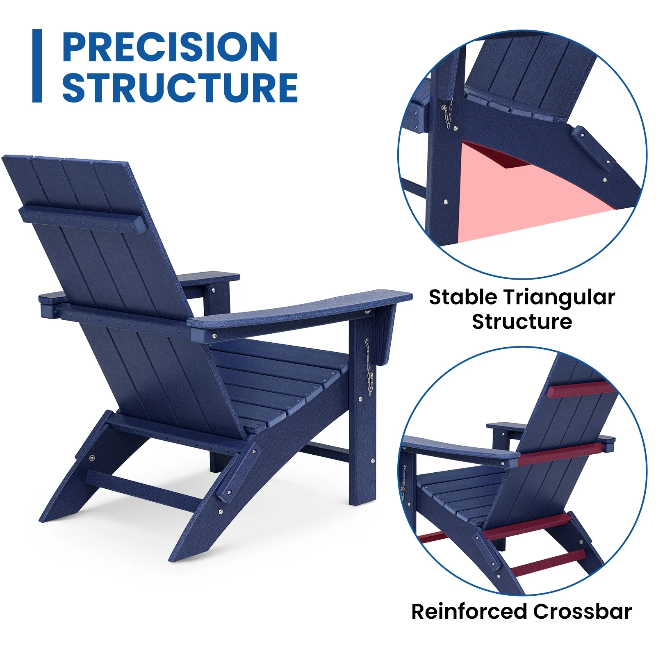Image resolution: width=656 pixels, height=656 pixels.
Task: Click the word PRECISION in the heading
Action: (170, 47)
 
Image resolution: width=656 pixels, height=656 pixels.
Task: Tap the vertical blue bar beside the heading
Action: (37, 66)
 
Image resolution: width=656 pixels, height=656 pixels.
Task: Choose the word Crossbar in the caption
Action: (583, 611)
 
